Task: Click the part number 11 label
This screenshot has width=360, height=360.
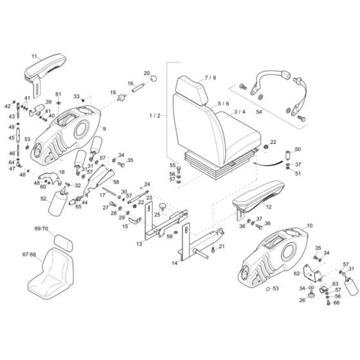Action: coord(35,57)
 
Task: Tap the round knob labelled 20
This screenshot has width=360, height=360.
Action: coord(154,78)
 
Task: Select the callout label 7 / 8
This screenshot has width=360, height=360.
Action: coord(210,78)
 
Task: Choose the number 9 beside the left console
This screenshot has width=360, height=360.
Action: coord(104,129)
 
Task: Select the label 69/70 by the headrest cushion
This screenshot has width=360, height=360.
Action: coord(41,228)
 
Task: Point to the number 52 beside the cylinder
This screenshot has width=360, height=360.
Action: coord(44,199)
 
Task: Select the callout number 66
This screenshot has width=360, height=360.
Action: coord(336,303)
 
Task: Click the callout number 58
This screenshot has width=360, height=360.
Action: coord(116,182)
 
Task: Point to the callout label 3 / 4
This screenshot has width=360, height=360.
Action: coord(240,112)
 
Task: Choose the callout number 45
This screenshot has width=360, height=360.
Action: coord(11,138)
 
